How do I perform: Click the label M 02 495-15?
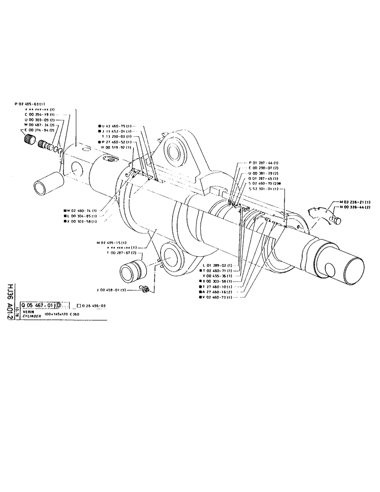tap(114, 243)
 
